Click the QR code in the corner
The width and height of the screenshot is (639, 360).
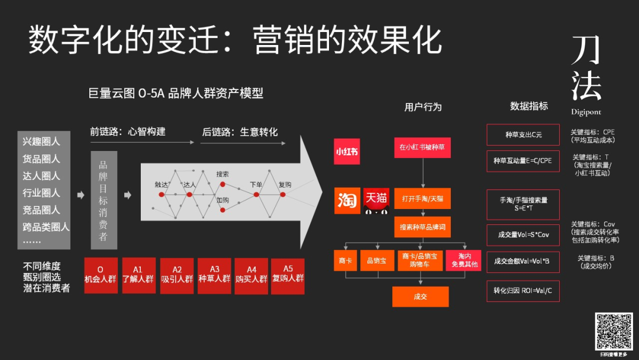(614, 331)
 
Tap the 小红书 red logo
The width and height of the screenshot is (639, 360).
(347, 152)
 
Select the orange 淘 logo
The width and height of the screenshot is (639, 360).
(347, 200)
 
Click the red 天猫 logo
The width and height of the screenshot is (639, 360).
(377, 198)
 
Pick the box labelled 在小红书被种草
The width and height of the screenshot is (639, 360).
(422, 147)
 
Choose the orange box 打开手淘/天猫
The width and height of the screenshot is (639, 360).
(422, 198)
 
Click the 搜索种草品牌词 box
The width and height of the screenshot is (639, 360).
(422, 227)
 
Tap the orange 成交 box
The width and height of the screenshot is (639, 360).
(420, 297)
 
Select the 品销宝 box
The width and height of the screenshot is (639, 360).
(376, 260)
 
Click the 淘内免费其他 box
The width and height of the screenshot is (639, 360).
(463, 260)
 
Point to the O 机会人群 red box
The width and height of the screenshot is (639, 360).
(101, 275)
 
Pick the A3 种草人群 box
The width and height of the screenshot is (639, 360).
(214, 275)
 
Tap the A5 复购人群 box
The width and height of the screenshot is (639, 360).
(288, 275)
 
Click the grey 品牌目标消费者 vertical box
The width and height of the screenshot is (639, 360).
(104, 200)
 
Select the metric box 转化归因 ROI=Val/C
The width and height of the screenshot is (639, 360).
(522, 291)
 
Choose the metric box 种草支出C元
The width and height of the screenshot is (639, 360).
(522, 134)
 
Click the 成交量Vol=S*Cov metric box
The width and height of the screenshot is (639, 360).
(522, 235)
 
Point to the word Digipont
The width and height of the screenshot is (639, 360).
(586, 112)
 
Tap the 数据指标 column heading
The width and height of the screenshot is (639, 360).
(529, 106)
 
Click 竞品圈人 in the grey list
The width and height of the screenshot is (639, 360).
(41, 210)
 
